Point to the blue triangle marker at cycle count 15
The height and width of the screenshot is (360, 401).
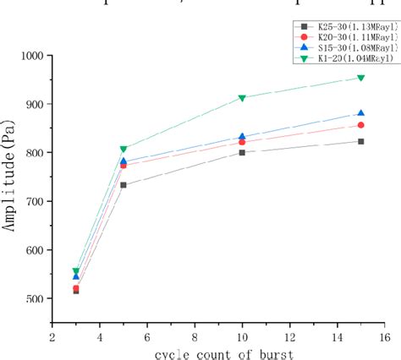click(x=360, y=113)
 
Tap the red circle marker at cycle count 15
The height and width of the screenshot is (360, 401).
click(x=360, y=125)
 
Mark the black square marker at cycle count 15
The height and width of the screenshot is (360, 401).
click(x=360, y=141)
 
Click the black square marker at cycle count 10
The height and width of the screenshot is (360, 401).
click(x=242, y=152)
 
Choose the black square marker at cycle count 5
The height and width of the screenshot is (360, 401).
click(x=124, y=185)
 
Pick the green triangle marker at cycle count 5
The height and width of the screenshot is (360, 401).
click(x=124, y=150)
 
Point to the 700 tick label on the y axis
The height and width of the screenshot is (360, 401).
click(x=35, y=201)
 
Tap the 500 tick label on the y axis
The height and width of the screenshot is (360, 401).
click(x=35, y=298)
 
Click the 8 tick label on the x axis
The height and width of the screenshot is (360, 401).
click(x=195, y=335)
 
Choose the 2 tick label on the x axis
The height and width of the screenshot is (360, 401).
click(x=52, y=335)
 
